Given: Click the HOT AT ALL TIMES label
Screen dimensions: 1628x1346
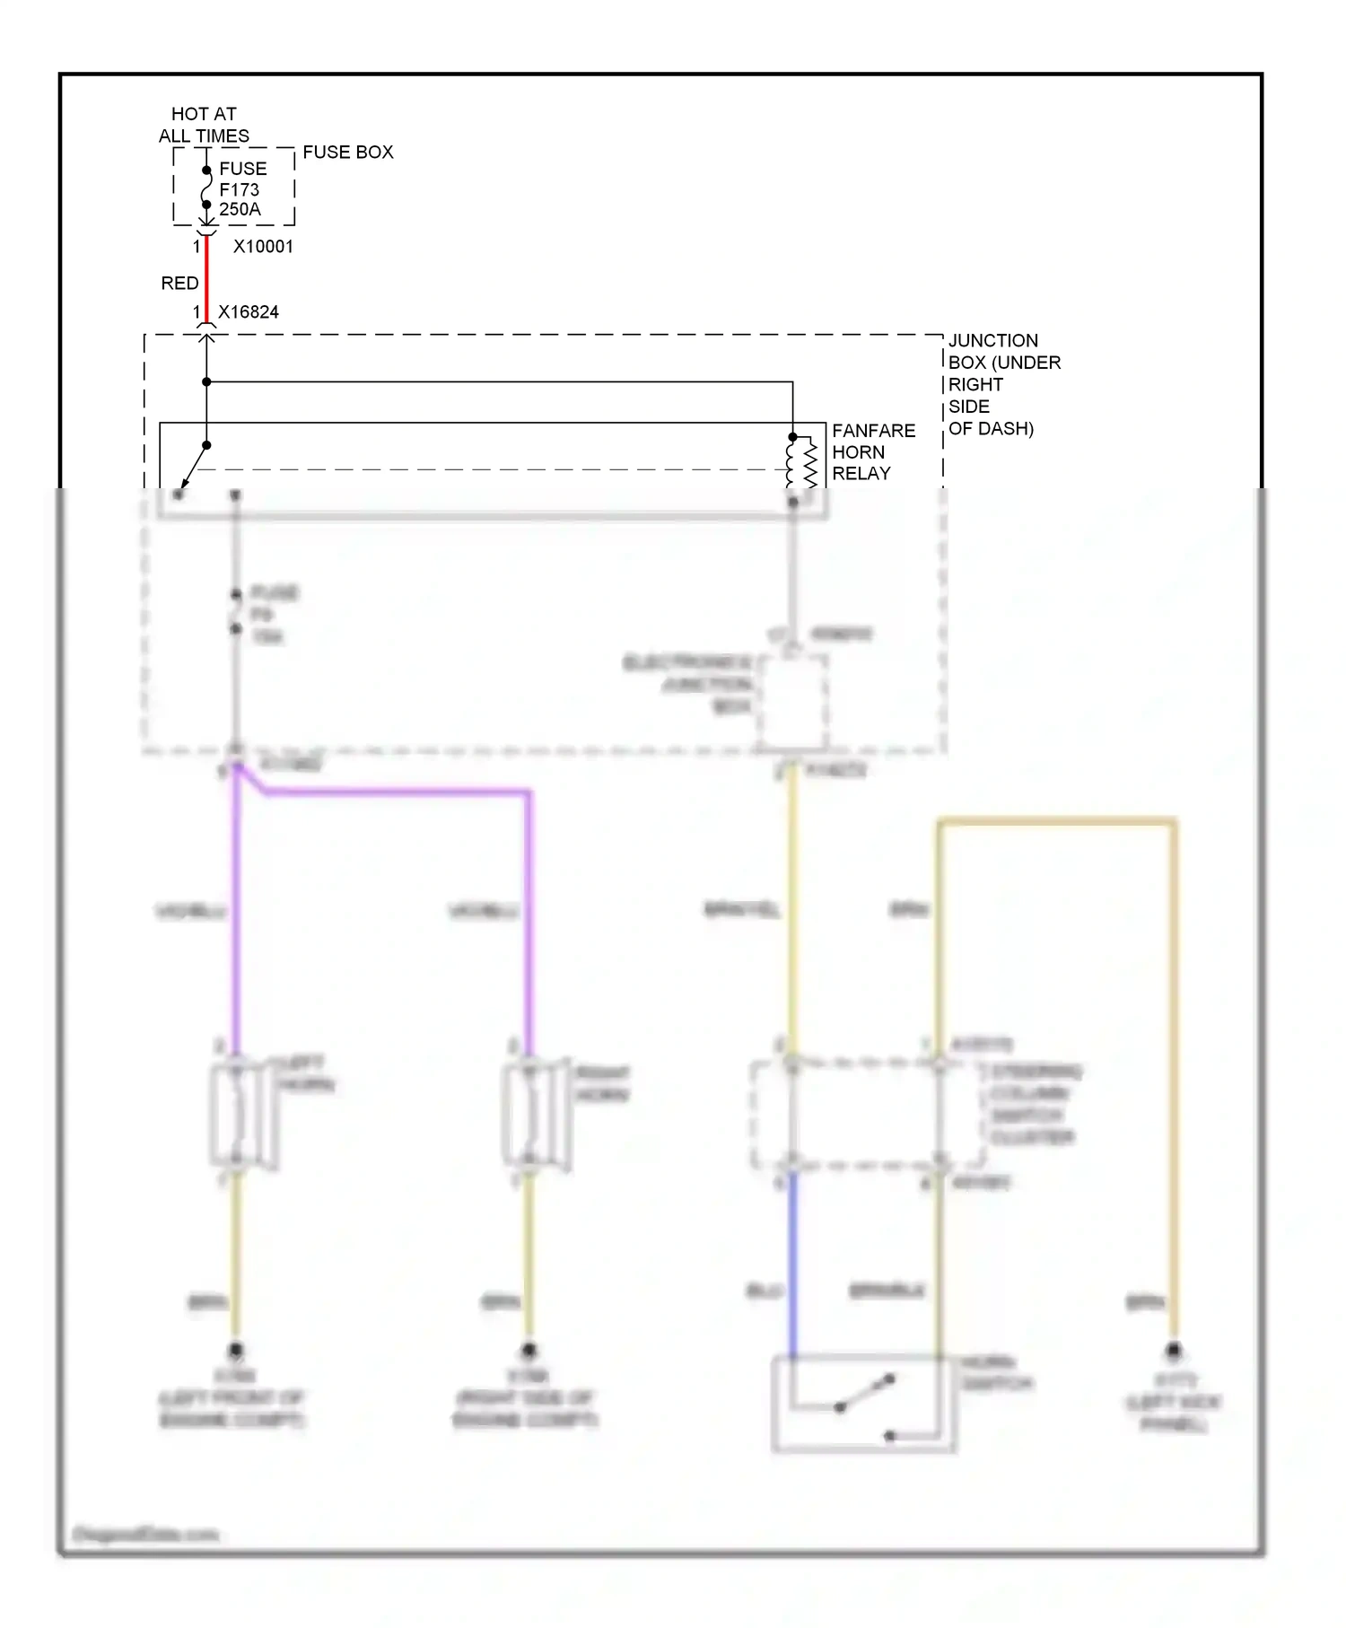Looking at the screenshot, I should [204, 125].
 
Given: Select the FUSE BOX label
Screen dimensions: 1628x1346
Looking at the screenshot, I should [347, 153].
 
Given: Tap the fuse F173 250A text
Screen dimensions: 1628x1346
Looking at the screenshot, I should [241, 189].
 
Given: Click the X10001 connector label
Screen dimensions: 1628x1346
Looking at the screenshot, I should [263, 247].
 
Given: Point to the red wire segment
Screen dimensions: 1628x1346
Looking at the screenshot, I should [206, 278].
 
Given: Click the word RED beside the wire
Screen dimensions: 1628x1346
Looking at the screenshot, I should [179, 284].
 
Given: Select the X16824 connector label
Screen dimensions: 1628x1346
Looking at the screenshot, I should [249, 312].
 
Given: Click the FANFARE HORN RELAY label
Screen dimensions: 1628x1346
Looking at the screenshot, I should [872, 452].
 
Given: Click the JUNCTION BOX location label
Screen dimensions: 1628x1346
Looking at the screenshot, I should [1003, 384].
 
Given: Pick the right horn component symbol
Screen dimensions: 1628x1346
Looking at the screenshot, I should [535, 1115].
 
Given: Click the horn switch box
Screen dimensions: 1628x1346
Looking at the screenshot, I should [862, 1403].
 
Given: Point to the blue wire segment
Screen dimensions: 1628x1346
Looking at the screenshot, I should [792, 1265].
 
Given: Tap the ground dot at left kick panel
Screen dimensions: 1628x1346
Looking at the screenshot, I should [1173, 1351].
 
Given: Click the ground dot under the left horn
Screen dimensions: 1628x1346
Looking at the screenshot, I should [236, 1350].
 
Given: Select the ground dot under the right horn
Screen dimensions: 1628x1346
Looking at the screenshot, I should [529, 1350].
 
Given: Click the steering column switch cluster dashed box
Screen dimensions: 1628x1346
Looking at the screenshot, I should [866, 1115].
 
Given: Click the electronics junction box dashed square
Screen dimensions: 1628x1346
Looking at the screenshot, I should [791, 701].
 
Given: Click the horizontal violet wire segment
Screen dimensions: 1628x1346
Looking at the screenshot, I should [395, 792].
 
